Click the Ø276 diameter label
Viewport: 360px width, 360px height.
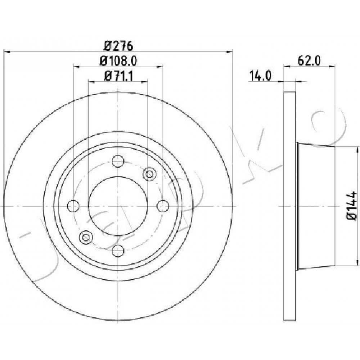point(118,46)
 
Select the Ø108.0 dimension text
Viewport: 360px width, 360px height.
point(118,61)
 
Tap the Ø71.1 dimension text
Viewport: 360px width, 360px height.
point(118,76)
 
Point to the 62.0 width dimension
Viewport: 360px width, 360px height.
point(309,61)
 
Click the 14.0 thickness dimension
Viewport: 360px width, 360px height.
point(260,76)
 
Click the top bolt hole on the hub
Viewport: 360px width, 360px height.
point(118,161)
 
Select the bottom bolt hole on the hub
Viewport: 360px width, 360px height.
point(118,251)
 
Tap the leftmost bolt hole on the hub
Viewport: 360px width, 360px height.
point(73,206)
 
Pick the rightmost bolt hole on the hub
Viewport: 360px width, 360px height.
point(163,206)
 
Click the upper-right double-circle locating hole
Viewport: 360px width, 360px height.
point(149,174)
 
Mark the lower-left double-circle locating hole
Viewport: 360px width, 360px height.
point(86,237)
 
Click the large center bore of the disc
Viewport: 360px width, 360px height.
point(118,206)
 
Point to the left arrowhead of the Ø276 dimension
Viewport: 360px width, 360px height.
point(7,52)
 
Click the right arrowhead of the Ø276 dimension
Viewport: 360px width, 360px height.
point(230,52)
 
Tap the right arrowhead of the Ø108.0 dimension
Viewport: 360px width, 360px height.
point(160,67)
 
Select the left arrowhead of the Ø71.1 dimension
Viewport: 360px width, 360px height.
point(91,81)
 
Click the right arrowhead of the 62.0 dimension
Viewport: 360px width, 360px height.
point(332,67)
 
